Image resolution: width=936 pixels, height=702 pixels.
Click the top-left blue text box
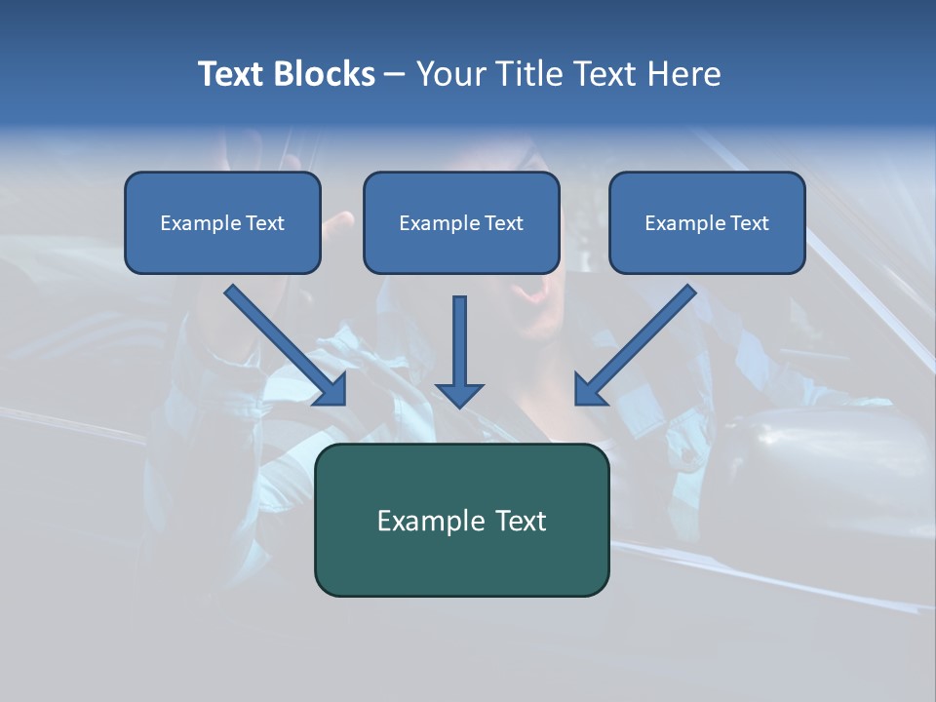tap(222, 223)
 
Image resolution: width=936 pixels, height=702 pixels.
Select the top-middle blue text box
tap(461, 223)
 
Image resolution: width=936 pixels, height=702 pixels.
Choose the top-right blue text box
tap(707, 223)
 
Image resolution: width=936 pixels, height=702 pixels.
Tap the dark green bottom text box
tap(461, 520)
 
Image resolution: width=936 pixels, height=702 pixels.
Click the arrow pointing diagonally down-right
tap(284, 344)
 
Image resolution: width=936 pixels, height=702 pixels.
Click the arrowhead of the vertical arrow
tap(459, 393)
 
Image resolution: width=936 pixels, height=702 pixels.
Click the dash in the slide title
tap(395, 74)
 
